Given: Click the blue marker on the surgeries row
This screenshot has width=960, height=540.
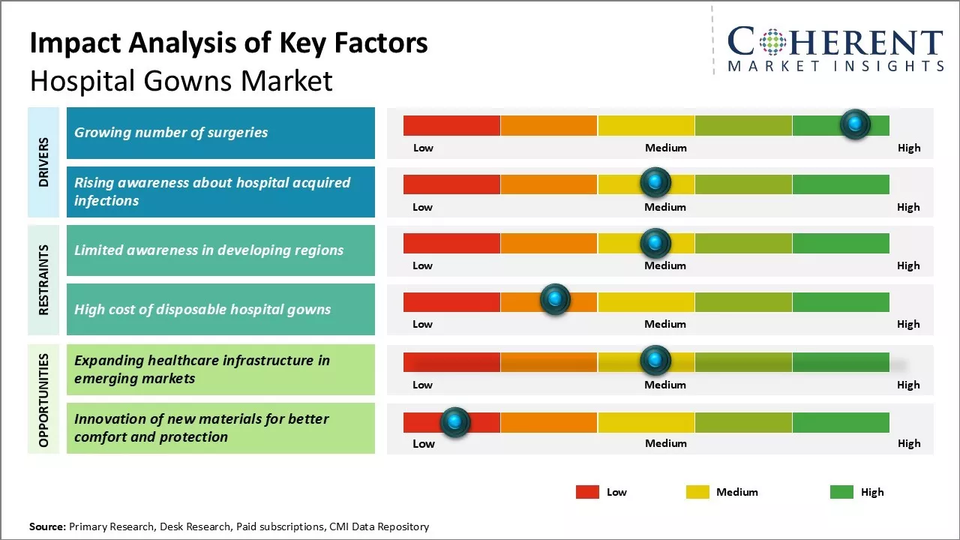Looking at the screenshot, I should coord(855,124).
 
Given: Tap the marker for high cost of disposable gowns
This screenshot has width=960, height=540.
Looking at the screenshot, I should coord(555,300).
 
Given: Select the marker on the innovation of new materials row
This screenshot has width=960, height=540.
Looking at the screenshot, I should coord(454,422).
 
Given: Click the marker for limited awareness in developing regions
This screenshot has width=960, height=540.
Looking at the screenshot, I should coord(655,242).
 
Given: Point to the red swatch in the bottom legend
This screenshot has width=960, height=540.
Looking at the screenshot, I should coord(587,492).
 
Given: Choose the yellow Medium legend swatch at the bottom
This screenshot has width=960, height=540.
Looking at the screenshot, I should coord(697,492).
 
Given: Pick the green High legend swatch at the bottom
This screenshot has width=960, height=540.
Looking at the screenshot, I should coord(841,492).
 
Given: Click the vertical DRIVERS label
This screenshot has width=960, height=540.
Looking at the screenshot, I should coord(43,162).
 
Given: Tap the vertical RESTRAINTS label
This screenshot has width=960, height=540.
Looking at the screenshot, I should coord(43,280).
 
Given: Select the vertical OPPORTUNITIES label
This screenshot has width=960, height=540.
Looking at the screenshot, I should coord(43,400).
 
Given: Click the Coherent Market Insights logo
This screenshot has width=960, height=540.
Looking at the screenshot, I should coord(835,50).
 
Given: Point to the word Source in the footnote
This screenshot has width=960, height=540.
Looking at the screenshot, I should coord(48,526).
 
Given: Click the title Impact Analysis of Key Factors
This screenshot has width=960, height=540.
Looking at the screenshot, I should coord(229,43).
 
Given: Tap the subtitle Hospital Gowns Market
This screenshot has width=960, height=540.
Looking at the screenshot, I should coord(181,80).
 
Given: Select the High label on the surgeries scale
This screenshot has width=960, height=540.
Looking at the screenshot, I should coord(909,148).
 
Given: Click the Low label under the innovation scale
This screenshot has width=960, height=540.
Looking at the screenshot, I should coord(424,443).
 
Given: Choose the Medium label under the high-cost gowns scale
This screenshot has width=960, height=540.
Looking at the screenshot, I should coord(665,324).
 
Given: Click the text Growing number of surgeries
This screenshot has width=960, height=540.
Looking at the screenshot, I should coord(171,132).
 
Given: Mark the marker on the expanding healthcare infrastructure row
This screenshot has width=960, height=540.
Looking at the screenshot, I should coord(655,361).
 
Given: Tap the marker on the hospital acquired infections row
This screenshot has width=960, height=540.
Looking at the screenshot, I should coord(655,182).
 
